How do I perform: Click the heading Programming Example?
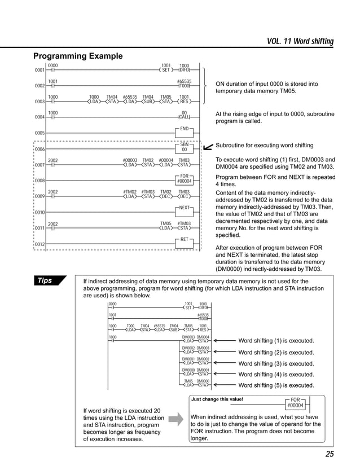[x=77, y=56]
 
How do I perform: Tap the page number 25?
[x=329, y=454]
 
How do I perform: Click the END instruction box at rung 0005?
[x=184, y=129]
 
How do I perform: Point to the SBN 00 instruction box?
[x=184, y=147]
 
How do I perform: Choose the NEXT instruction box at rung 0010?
[x=184, y=209]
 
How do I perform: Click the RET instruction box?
[x=184, y=240]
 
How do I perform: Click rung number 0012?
[x=39, y=244]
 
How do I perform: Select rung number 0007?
[x=39, y=165]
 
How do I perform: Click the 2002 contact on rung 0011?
[x=52, y=227]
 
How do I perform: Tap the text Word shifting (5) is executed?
[x=276, y=385]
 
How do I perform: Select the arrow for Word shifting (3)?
[x=225, y=363]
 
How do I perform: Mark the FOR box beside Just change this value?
[x=295, y=403]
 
